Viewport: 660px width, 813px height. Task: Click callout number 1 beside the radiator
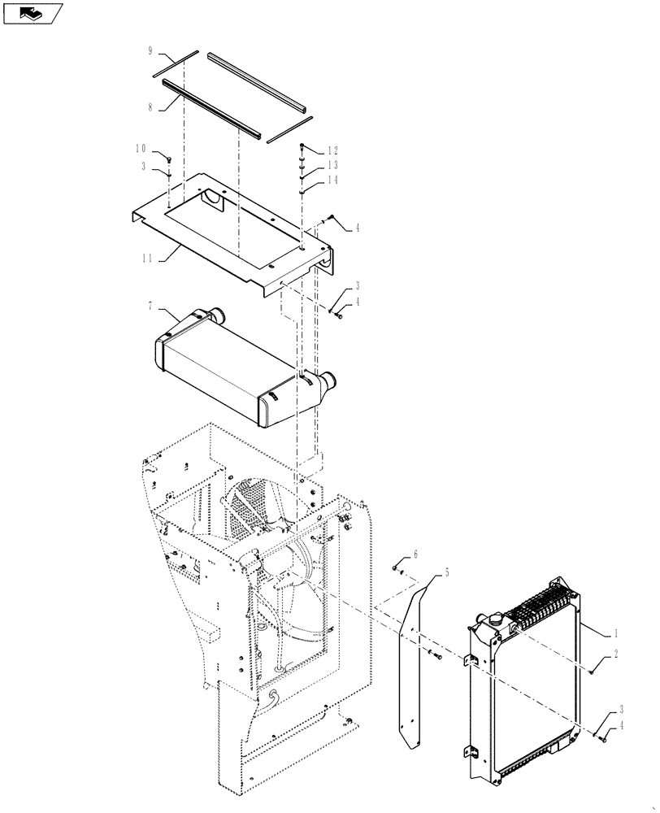[617, 631]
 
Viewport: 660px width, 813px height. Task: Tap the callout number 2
[617, 653]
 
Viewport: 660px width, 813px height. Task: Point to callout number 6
[415, 554]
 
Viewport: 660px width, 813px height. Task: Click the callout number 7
[150, 307]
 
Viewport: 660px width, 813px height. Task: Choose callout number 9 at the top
[150, 50]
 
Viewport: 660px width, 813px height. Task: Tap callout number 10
[141, 149]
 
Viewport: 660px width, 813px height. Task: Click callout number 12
[332, 151]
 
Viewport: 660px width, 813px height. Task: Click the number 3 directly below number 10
[144, 167]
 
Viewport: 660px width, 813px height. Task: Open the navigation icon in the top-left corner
[33, 13]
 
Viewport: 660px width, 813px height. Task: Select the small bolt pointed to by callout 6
[396, 567]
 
